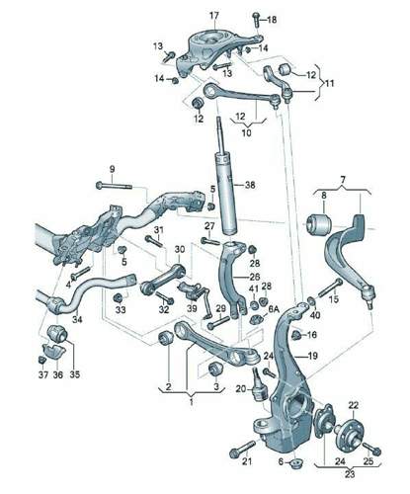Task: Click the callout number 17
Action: tap(214, 15)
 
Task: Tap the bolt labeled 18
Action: tap(256, 20)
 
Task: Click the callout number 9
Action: tap(113, 169)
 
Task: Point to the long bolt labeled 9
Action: tap(114, 186)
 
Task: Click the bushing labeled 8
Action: tap(318, 224)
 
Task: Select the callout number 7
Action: tap(343, 180)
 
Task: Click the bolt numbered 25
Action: tap(371, 449)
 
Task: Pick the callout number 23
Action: tap(350, 474)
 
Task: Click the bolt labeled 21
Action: tap(243, 450)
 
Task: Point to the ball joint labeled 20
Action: tap(258, 384)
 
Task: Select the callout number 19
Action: tap(312, 356)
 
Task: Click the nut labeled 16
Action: tap(296, 335)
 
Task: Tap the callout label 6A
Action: tap(274, 309)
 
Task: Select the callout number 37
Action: tap(43, 374)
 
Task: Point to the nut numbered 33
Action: tap(119, 298)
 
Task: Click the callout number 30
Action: tap(180, 250)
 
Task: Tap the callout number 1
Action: tap(192, 402)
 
